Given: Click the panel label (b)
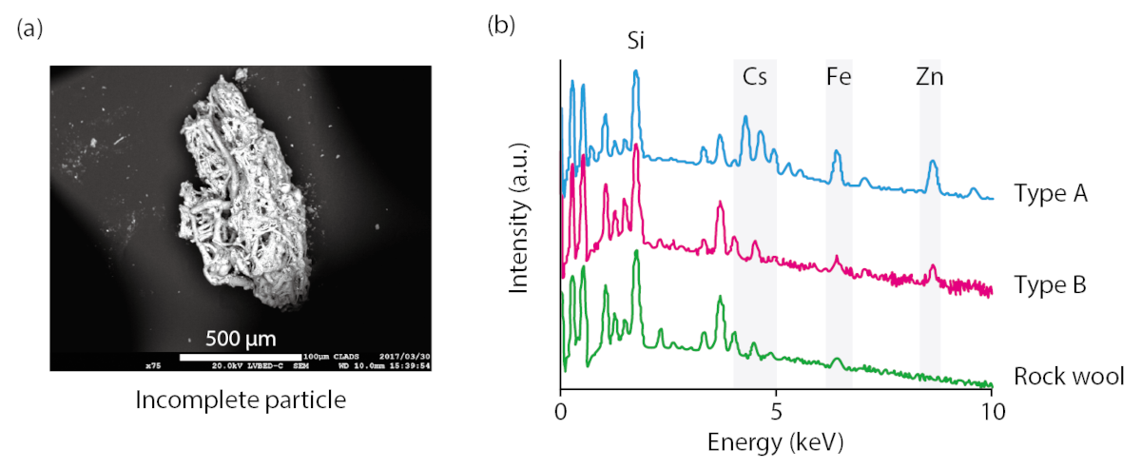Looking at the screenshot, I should coord(500,26).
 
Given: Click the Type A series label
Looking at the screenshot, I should coord(1051,195).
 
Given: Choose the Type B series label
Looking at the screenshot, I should coord(1051,285).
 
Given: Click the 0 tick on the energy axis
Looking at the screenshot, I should coord(561,412).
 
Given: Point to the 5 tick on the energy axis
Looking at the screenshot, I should coord(777,412).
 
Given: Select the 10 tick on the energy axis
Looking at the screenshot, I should coord(992,412).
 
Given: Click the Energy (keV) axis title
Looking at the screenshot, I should coord(776,442).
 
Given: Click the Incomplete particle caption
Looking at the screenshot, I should coord(240,401).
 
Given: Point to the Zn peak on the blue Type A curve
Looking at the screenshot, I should coord(933,162).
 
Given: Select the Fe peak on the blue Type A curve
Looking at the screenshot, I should coord(837,152).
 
